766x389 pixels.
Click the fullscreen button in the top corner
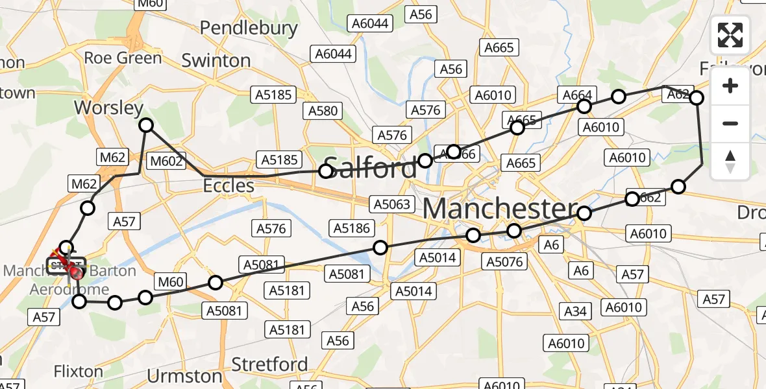(x=730, y=35)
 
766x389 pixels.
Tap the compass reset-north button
(x=730, y=161)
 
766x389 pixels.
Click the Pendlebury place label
(x=249, y=29)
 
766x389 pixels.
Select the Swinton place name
(x=216, y=61)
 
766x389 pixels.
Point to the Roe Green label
(x=123, y=58)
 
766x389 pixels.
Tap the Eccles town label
(x=229, y=186)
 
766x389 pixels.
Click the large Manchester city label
(x=500, y=209)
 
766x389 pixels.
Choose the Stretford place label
(x=270, y=364)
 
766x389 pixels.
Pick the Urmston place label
(x=185, y=376)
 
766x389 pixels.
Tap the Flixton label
(x=79, y=372)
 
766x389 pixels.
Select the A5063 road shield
(x=391, y=204)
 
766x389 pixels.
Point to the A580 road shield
(x=323, y=111)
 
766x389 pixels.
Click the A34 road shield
(x=575, y=312)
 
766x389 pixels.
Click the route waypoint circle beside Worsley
(x=147, y=125)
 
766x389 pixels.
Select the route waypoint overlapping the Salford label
(x=326, y=171)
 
